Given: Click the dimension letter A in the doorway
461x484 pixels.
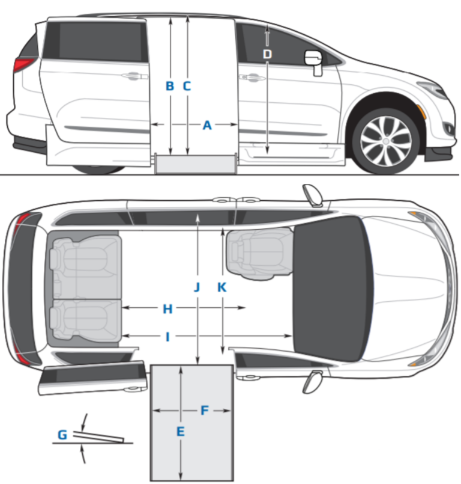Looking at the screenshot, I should pos(207,126).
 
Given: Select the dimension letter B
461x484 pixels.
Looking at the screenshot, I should pos(170,87).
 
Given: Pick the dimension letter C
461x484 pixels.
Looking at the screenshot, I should pos(187,87).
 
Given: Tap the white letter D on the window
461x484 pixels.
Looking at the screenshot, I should pos(267,54).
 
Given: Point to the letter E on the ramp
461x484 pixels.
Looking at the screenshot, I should pos(180,431).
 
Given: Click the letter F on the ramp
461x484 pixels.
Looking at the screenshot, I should pos(204,411).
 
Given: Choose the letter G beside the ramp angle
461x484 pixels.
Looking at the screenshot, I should pos(62,434).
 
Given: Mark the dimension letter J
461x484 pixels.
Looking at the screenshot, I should pos(197,287).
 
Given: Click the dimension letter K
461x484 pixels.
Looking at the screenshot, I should pos(221,287).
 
